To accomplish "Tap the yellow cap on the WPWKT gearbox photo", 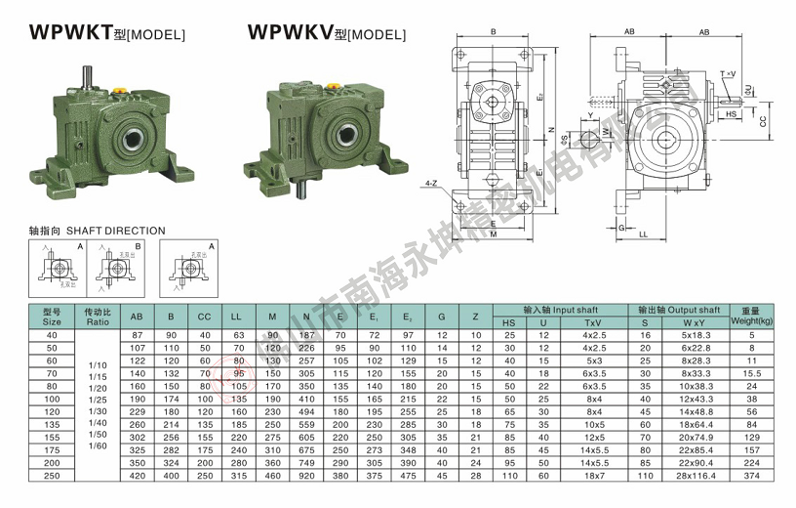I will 121,94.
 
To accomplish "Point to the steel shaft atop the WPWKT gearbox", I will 88,76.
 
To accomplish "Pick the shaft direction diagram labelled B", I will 115,267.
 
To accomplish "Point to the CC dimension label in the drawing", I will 764,121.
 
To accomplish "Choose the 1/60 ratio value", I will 98,445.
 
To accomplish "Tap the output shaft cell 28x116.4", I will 695,475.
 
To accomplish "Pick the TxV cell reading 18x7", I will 593,475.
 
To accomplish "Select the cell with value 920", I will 307,475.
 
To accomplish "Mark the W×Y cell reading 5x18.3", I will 695,335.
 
